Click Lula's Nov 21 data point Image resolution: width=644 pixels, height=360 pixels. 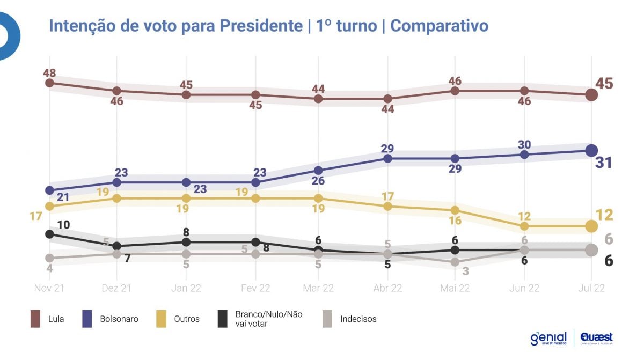(x=49, y=83)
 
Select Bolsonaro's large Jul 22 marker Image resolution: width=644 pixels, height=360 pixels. (x=591, y=151)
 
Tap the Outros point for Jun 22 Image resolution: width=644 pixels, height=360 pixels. (x=524, y=226)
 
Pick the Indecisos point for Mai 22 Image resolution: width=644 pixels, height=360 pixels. (x=455, y=262)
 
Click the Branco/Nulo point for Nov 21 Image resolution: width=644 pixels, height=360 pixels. (x=49, y=234)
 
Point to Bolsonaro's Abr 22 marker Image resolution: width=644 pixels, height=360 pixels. (x=387, y=158)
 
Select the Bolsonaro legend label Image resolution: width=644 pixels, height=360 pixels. (x=119, y=319)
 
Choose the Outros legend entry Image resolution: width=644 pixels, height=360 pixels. (x=187, y=319)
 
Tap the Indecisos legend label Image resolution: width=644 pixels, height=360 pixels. (x=358, y=319)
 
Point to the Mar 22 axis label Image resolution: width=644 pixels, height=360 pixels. (x=318, y=288)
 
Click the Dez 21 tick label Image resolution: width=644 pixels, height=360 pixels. (x=116, y=288)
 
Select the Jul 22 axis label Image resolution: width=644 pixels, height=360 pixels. (x=591, y=288)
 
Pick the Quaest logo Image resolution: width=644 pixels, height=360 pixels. (x=596, y=338)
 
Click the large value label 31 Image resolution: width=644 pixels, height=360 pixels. (x=604, y=163)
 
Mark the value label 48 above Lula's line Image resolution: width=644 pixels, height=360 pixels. (x=50, y=72)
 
